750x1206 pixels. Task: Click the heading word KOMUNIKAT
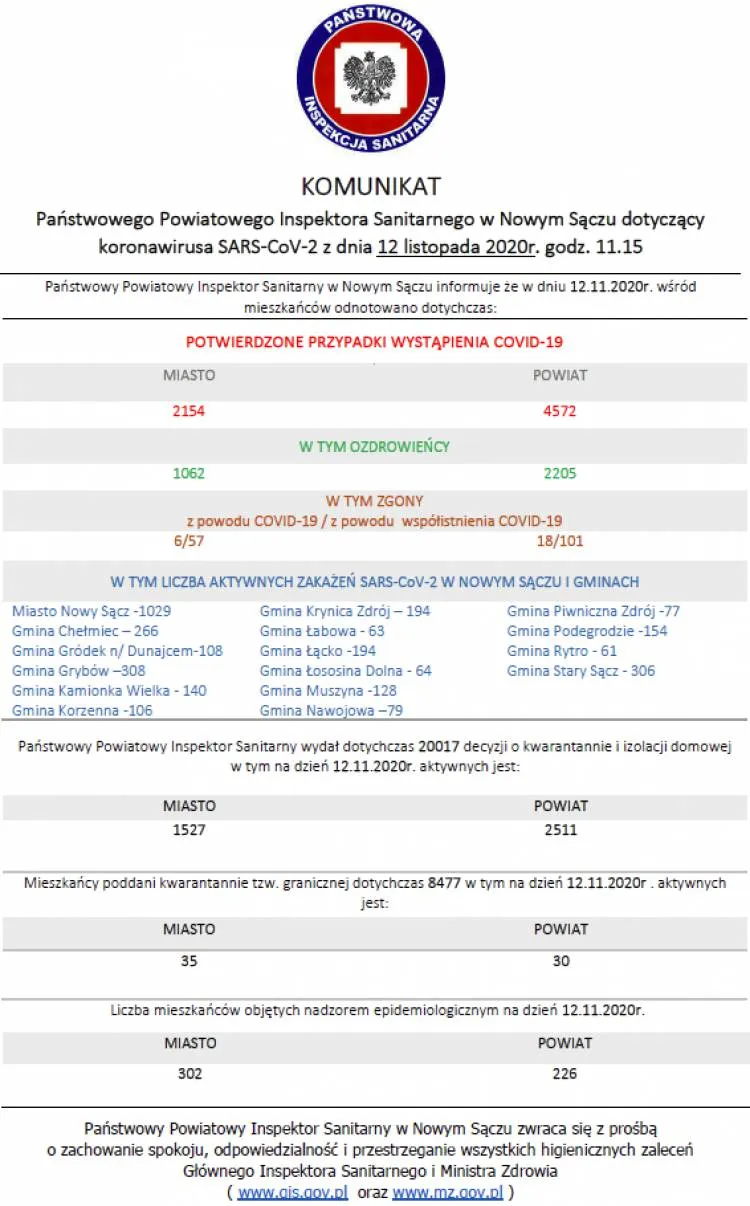click(x=371, y=187)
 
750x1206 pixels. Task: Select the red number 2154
click(x=189, y=410)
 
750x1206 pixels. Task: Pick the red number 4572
click(x=560, y=410)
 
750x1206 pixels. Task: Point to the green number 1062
click(x=189, y=473)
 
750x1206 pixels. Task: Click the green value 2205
click(x=560, y=473)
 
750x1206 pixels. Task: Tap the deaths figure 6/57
click(x=189, y=541)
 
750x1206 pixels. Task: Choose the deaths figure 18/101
click(x=560, y=541)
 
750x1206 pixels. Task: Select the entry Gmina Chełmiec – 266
click(x=85, y=631)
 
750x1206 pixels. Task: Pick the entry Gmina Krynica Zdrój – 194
click(x=345, y=611)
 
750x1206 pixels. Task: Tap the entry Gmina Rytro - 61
click(x=562, y=651)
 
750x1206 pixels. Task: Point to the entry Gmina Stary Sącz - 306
click(x=581, y=671)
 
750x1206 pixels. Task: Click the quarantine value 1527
click(x=189, y=830)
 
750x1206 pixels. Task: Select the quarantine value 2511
click(x=560, y=830)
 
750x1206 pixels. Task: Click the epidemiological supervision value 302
click(x=189, y=1074)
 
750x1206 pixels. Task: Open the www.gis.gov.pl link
click(x=293, y=1192)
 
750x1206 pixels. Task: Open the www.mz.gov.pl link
click(x=447, y=1192)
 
